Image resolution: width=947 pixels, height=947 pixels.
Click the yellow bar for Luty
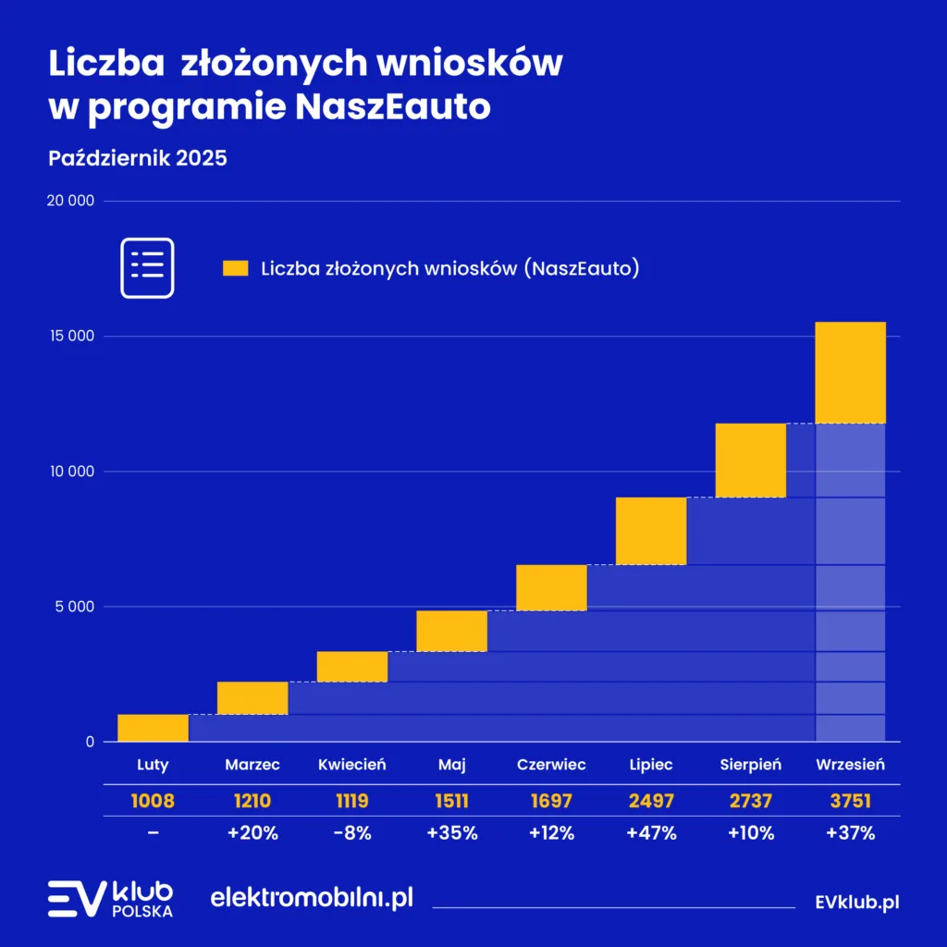153,728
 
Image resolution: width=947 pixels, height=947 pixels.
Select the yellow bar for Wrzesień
850,373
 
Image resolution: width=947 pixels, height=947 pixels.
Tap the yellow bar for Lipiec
651,531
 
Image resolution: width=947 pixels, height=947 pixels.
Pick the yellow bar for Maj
451,631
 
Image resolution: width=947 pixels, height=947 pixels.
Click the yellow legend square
236,268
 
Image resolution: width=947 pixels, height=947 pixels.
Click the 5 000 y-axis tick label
74,607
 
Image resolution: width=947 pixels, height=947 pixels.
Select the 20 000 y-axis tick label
70,201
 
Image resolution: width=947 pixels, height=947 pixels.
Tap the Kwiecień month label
352,765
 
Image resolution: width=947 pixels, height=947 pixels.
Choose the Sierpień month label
751,765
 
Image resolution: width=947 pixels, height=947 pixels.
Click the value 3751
851,800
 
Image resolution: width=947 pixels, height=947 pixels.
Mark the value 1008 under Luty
153,800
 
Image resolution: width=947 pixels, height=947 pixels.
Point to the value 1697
551,800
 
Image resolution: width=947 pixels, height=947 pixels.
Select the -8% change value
352,832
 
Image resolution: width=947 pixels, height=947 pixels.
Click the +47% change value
651,832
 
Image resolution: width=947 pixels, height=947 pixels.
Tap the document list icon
147,267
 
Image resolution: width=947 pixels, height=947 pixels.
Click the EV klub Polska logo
110,899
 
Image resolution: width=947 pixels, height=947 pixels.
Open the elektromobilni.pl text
312,897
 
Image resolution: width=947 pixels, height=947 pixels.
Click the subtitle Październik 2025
138,158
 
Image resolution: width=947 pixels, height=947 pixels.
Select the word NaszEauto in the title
392,107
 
